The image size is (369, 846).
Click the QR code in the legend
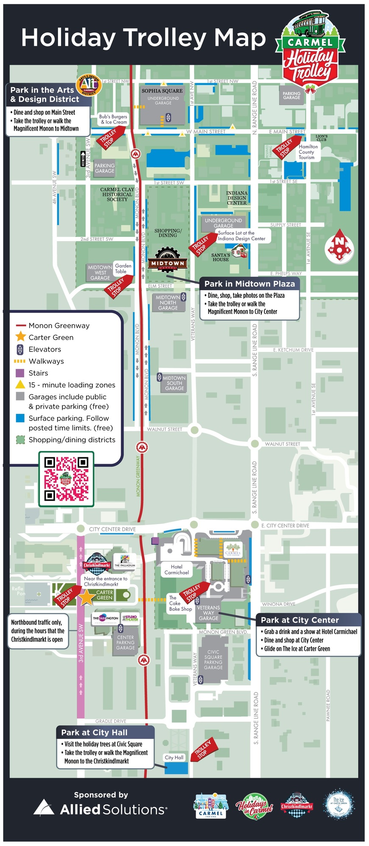66,478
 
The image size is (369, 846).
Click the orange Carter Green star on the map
86,597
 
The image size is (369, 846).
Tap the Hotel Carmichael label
177,569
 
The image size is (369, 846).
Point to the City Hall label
174,757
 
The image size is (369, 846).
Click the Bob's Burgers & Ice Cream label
113,119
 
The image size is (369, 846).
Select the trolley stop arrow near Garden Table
118,286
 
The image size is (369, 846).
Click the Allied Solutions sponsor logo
100,809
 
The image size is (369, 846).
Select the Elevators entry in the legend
44,349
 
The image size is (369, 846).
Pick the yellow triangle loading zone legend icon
20,385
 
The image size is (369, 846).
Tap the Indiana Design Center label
237,198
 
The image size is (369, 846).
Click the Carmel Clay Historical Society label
117,194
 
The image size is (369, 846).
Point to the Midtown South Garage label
174,383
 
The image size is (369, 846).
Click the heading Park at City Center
300,620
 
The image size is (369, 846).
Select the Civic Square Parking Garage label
213,660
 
